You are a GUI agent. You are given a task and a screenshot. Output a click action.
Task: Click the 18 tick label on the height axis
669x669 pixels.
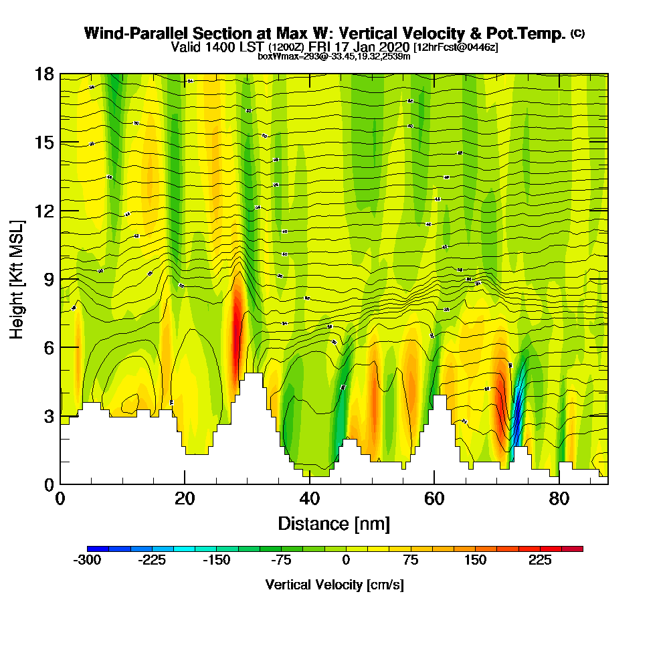pos(44,74)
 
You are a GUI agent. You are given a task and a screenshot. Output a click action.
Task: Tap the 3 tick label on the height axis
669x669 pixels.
pos(48,416)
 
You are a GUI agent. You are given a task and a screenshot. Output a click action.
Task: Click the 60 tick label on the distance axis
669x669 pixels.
pos(434,499)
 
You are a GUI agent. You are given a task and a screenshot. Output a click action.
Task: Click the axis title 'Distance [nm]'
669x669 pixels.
pos(334,523)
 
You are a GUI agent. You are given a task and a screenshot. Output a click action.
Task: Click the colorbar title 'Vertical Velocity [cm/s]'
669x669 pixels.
pos(334,585)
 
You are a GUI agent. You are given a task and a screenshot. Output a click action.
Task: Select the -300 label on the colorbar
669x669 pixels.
pos(87,561)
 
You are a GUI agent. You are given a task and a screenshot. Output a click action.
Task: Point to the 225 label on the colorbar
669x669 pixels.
pos(540,561)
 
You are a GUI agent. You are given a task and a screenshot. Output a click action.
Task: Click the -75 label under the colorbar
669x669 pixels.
pos(281,561)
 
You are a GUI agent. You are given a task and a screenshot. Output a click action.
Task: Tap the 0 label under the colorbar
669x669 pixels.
pos(346,561)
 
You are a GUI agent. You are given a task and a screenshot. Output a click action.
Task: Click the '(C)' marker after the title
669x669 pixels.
pos(577,33)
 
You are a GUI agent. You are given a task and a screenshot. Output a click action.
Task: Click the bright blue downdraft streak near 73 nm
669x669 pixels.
pos(516,415)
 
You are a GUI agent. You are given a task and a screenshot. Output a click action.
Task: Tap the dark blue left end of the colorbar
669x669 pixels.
pos(92,549)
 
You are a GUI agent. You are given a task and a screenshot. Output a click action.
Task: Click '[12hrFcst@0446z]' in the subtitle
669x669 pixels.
pos(456,47)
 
